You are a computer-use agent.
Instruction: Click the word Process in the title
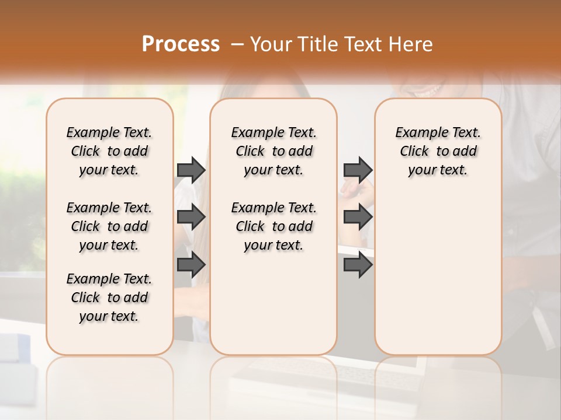(x=181, y=44)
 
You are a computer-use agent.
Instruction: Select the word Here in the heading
(x=411, y=44)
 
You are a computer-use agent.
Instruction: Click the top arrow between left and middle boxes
(x=191, y=170)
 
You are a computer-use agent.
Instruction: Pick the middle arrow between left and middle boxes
(x=191, y=217)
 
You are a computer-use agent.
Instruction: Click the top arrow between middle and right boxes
(x=358, y=170)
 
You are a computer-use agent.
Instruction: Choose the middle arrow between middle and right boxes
(x=358, y=217)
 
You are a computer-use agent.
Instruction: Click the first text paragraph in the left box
(x=109, y=151)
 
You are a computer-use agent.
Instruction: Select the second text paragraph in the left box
(x=109, y=226)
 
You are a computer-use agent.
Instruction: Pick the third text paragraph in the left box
(x=109, y=297)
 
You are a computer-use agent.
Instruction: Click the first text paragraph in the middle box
(x=274, y=151)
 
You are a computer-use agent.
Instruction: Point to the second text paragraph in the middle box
(x=274, y=226)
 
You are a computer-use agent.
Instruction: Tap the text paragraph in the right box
(x=438, y=151)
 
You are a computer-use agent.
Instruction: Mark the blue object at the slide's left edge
(x=14, y=348)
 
